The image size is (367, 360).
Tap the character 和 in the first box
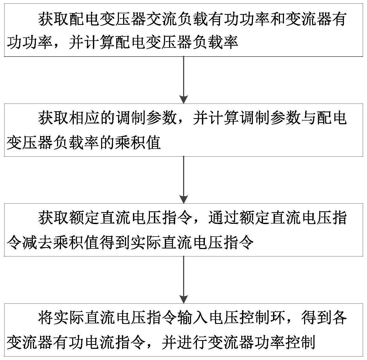coord(269,19)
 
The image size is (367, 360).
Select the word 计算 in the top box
coord(100,42)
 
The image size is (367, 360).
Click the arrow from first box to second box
coord(184,80)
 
